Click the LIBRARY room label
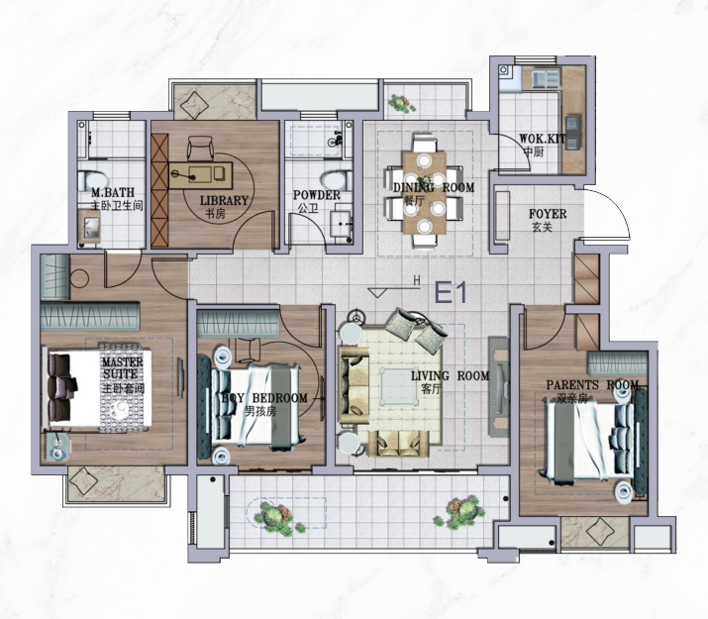point(224,200)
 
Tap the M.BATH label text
point(113,192)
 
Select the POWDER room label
point(317,195)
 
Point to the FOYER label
point(548,214)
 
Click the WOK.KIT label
point(542,138)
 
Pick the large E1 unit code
point(451,292)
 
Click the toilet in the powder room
point(337,180)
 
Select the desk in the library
point(201,174)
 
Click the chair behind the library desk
point(200,148)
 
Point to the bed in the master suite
point(97,388)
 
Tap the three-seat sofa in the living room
point(354,384)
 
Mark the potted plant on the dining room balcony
point(401,104)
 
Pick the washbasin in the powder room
point(341,223)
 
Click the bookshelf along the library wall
point(159,190)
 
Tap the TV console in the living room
point(498,386)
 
